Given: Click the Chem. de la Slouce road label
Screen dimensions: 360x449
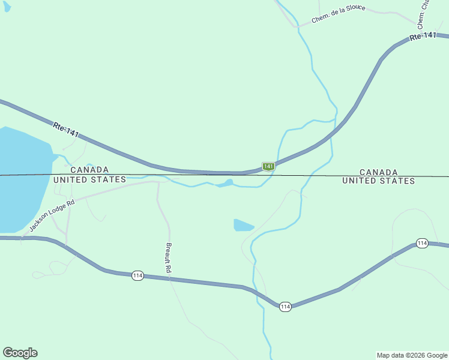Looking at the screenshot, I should [x=338, y=16].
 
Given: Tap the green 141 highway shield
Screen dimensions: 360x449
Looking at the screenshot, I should [x=268, y=166].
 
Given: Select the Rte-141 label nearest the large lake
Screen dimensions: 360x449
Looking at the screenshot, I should [x=65, y=130].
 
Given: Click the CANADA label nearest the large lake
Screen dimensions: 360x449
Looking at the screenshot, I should [x=89, y=170].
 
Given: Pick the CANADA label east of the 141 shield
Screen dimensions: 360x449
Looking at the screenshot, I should [x=378, y=172].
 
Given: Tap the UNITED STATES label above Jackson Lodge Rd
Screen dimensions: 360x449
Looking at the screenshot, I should [x=89, y=179].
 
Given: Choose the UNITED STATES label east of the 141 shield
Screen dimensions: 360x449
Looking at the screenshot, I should [x=378, y=181].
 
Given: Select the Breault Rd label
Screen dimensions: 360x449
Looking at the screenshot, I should [x=169, y=259].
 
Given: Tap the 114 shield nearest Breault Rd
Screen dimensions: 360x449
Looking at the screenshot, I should [x=137, y=275].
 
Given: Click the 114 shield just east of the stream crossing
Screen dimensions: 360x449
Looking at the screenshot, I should [x=285, y=307].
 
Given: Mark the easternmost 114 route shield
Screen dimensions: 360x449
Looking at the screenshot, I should [x=422, y=243].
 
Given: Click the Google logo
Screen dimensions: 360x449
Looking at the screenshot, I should [x=20, y=352].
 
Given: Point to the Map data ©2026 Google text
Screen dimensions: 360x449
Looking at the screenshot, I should [x=412, y=355].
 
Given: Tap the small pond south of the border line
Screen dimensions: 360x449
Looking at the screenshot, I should [x=243, y=225].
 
